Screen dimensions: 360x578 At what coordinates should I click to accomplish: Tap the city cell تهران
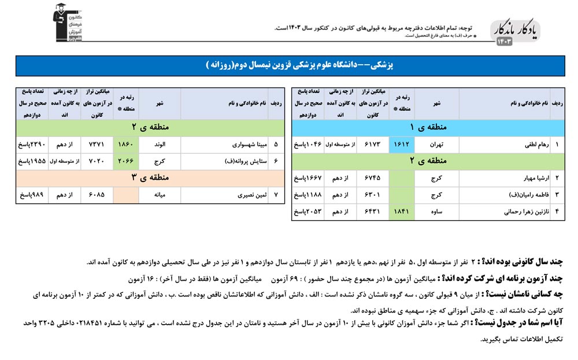pos(436,144)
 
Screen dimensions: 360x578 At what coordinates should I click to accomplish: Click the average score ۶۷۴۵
pos(370,178)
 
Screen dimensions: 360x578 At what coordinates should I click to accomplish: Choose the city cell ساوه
pos(436,212)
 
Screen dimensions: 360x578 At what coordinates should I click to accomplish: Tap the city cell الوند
pos(160,144)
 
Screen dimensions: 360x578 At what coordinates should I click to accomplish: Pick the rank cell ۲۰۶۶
pos(126,161)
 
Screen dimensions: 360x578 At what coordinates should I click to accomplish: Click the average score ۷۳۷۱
pos(97,144)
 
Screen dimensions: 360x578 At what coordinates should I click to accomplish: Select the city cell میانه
pos(160,195)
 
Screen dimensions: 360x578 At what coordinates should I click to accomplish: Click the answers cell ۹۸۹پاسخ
pos(31,195)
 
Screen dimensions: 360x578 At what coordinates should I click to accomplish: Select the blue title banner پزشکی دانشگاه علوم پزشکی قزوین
pos(288,66)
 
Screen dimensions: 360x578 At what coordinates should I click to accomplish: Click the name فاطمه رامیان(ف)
pos(525,195)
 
